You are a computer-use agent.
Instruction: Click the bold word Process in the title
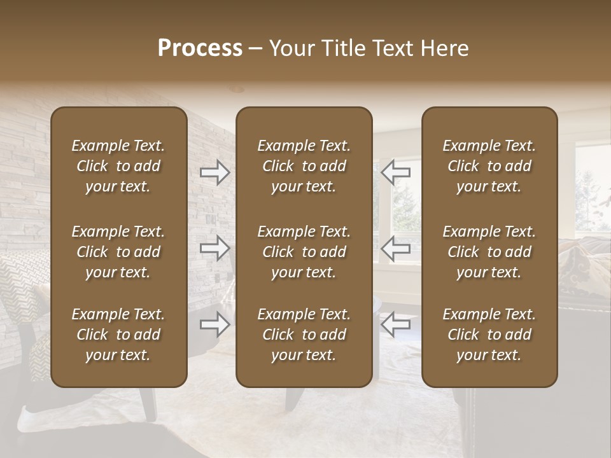click(x=200, y=48)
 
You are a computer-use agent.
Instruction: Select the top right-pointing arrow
click(x=215, y=172)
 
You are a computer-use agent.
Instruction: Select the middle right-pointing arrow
click(x=215, y=248)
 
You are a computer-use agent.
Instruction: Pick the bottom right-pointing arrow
click(x=215, y=324)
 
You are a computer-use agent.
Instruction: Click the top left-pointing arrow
click(x=395, y=172)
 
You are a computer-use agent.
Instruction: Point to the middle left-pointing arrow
click(x=395, y=248)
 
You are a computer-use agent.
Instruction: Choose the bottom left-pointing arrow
click(x=395, y=324)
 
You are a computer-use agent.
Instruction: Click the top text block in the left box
click(x=118, y=166)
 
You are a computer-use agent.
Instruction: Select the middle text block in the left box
click(x=118, y=252)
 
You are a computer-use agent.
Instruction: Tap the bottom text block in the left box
click(x=118, y=335)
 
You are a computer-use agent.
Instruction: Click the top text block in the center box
click(x=304, y=166)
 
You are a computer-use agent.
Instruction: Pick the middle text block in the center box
click(x=304, y=252)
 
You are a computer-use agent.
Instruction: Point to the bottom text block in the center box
click(x=304, y=335)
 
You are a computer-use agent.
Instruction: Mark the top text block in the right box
click(x=489, y=166)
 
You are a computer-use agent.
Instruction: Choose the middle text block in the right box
click(x=489, y=252)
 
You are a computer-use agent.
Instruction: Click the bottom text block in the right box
click(x=489, y=335)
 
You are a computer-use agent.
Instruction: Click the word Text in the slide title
click(x=392, y=48)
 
